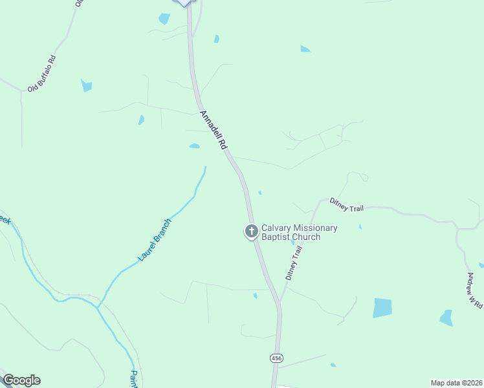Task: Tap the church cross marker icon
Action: click(x=251, y=231)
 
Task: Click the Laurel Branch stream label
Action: click(x=155, y=240)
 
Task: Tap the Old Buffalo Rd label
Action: click(x=42, y=72)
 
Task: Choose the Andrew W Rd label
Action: click(x=476, y=289)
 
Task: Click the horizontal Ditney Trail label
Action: click(x=346, y=205)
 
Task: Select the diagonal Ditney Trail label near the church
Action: click(x=294, y=262)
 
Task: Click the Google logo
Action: click(x=21, y=380)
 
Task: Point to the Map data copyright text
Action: click(x=456, y=383)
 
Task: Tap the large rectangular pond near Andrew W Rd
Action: click(x=382, y=308)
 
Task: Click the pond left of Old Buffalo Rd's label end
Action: click(x=86, y=85)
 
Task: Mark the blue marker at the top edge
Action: click(x=185, y=3)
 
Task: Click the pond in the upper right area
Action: click(x=305, y=48)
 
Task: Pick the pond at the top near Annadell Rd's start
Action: click(x=164, y=19)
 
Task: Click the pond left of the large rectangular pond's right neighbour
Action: click(x=446, y=318)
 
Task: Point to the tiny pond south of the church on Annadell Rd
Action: click(x=255, y=296)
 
